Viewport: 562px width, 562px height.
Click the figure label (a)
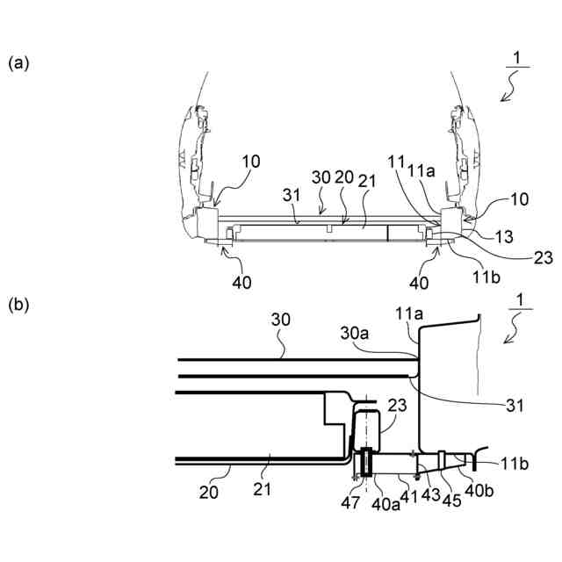pos(19,63)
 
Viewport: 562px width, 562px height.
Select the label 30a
pos(355,334)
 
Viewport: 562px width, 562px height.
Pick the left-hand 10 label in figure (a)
pos(251,161)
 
